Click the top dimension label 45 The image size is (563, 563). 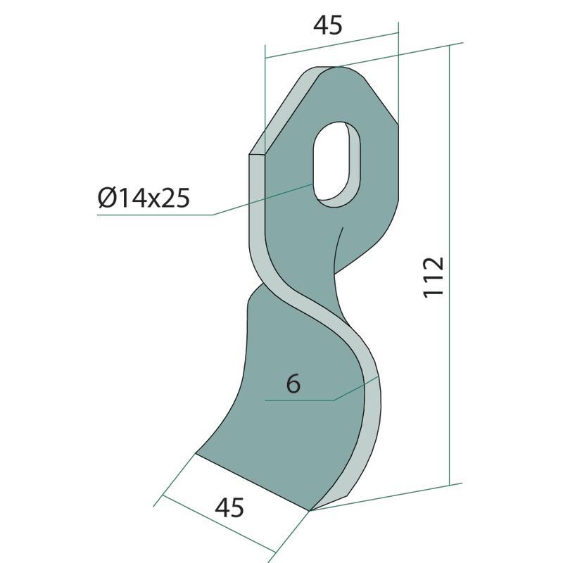point(328,26)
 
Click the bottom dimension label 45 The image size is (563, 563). point(229,507)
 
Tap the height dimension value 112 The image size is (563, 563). point(434,277)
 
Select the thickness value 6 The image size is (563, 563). point(293,384)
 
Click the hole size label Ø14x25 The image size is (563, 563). point(144,198)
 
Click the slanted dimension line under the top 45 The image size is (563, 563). point(331,45)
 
